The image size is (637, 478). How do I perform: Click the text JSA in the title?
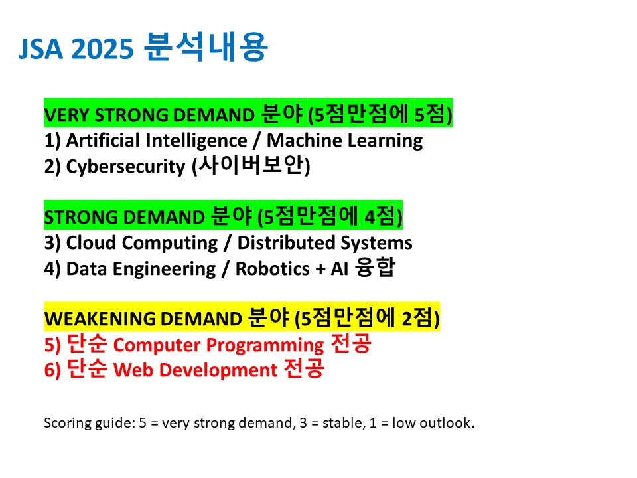click(41, 48)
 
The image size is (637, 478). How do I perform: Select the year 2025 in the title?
click(102, 48)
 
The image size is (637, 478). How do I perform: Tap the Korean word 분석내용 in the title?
click(206, 46)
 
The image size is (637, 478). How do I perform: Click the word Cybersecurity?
click(125, 167)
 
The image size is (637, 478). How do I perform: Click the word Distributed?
click(287, 243)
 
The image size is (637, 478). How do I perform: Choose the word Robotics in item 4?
click(273, 269)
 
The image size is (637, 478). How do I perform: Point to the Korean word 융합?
click(375, 267)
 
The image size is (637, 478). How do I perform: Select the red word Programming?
click(265, 345)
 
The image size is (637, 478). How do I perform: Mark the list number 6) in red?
click(52, 370)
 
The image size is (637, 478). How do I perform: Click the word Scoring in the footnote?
click(68, 423)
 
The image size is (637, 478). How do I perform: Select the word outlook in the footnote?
click(445, 423)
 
